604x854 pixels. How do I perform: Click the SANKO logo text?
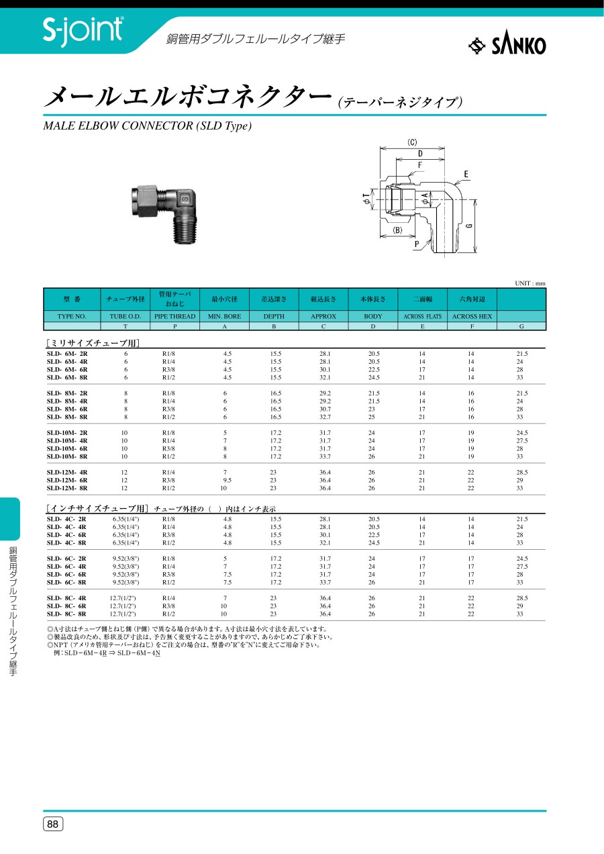click(x=519, y=46)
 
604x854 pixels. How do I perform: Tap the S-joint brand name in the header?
click(x=83, y=30)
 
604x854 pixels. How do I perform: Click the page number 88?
click(x=52, y=824)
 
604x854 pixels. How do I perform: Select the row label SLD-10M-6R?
click(x=67, y=448)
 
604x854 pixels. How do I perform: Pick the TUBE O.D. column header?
click(x=125, y=316)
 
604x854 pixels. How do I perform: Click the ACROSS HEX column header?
click(x=472, y=316)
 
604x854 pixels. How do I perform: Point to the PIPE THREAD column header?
click(x=175, y=316)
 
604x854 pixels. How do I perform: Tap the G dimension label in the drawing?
click(x=470, y=226)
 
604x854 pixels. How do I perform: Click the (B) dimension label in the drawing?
click(x=397, y=230)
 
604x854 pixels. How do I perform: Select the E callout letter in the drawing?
click(x=466, y=175)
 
